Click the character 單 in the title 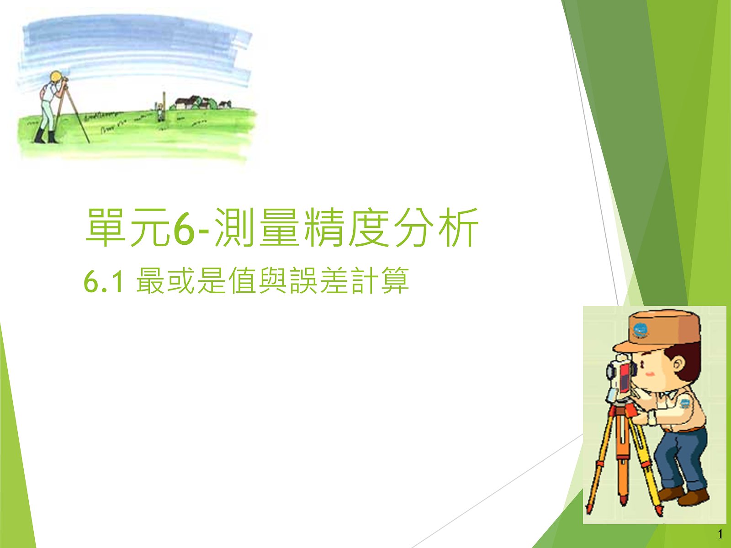[106, 227]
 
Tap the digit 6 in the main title [184, 228]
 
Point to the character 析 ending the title [458, 227]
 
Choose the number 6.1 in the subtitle [104, 281]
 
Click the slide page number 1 [720, 534]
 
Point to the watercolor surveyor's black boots [46, 136]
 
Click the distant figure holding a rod [160, 112]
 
